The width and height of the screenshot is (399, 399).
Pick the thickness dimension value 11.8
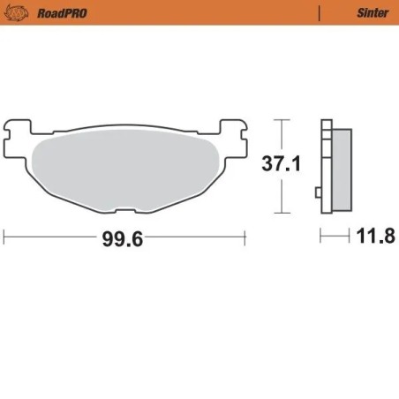click(x=376, y=237)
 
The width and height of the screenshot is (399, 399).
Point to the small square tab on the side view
click(x=319, y=192)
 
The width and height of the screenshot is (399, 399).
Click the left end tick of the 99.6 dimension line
click(x=4, y=237)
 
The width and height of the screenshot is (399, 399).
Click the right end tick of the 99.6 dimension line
click(x=244, y=237)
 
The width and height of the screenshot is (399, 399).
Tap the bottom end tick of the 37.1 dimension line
click(x=280, y=213)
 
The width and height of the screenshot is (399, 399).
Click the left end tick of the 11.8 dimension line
click(x=321, y=237)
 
